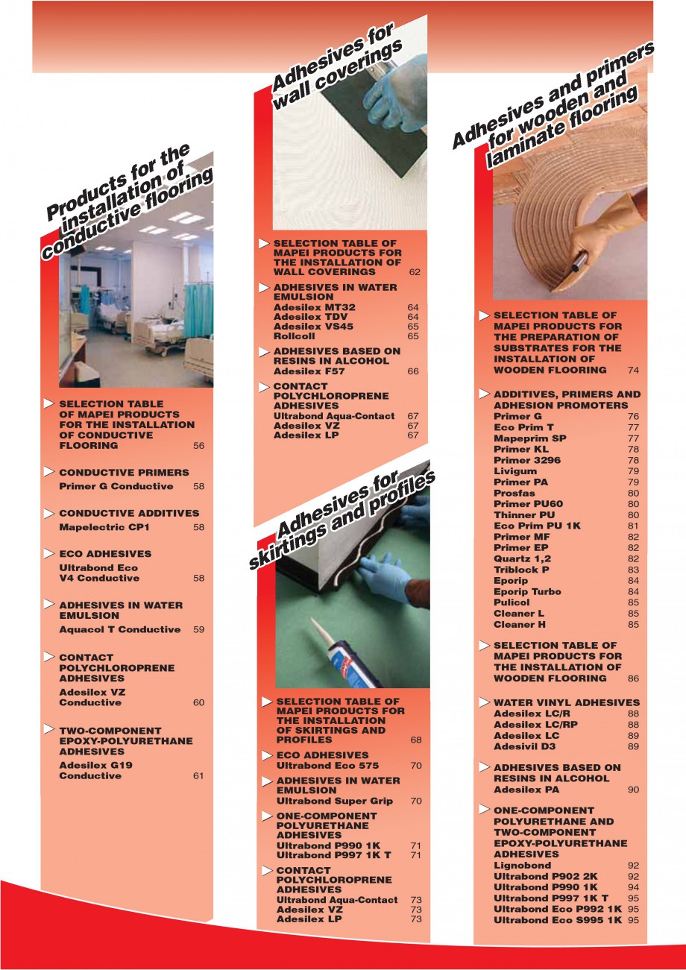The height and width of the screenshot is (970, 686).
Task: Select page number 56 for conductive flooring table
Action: point(198,446)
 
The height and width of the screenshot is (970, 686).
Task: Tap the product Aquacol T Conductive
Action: point(119,629)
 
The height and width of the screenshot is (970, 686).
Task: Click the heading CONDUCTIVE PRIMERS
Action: point(124,473)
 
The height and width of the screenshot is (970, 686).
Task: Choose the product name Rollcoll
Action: point(294,336)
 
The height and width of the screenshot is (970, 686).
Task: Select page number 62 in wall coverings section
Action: point(415,272)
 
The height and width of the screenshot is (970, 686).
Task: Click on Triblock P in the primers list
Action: point(521,570)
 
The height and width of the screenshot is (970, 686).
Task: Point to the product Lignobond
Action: point(522,866)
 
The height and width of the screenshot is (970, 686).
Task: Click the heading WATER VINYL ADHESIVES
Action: point(566,702)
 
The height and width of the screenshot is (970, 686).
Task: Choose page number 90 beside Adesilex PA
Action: point(633,790)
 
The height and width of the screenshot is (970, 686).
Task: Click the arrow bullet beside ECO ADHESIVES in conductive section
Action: point(48,554)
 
